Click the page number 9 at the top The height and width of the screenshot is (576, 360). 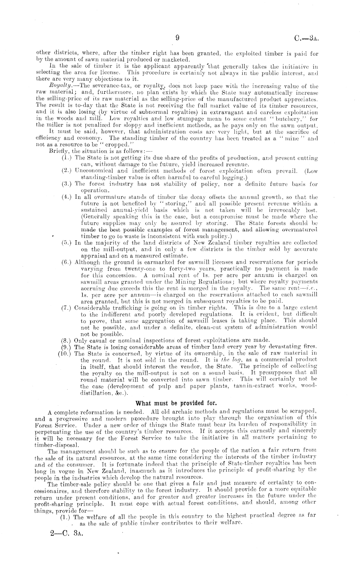click(x=177, y=38)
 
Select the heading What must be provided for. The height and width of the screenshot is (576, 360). click(x=176, y=403)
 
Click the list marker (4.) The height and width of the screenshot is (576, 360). click(x=67, y=197)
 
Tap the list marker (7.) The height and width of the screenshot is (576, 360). click(x=67, y=308)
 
